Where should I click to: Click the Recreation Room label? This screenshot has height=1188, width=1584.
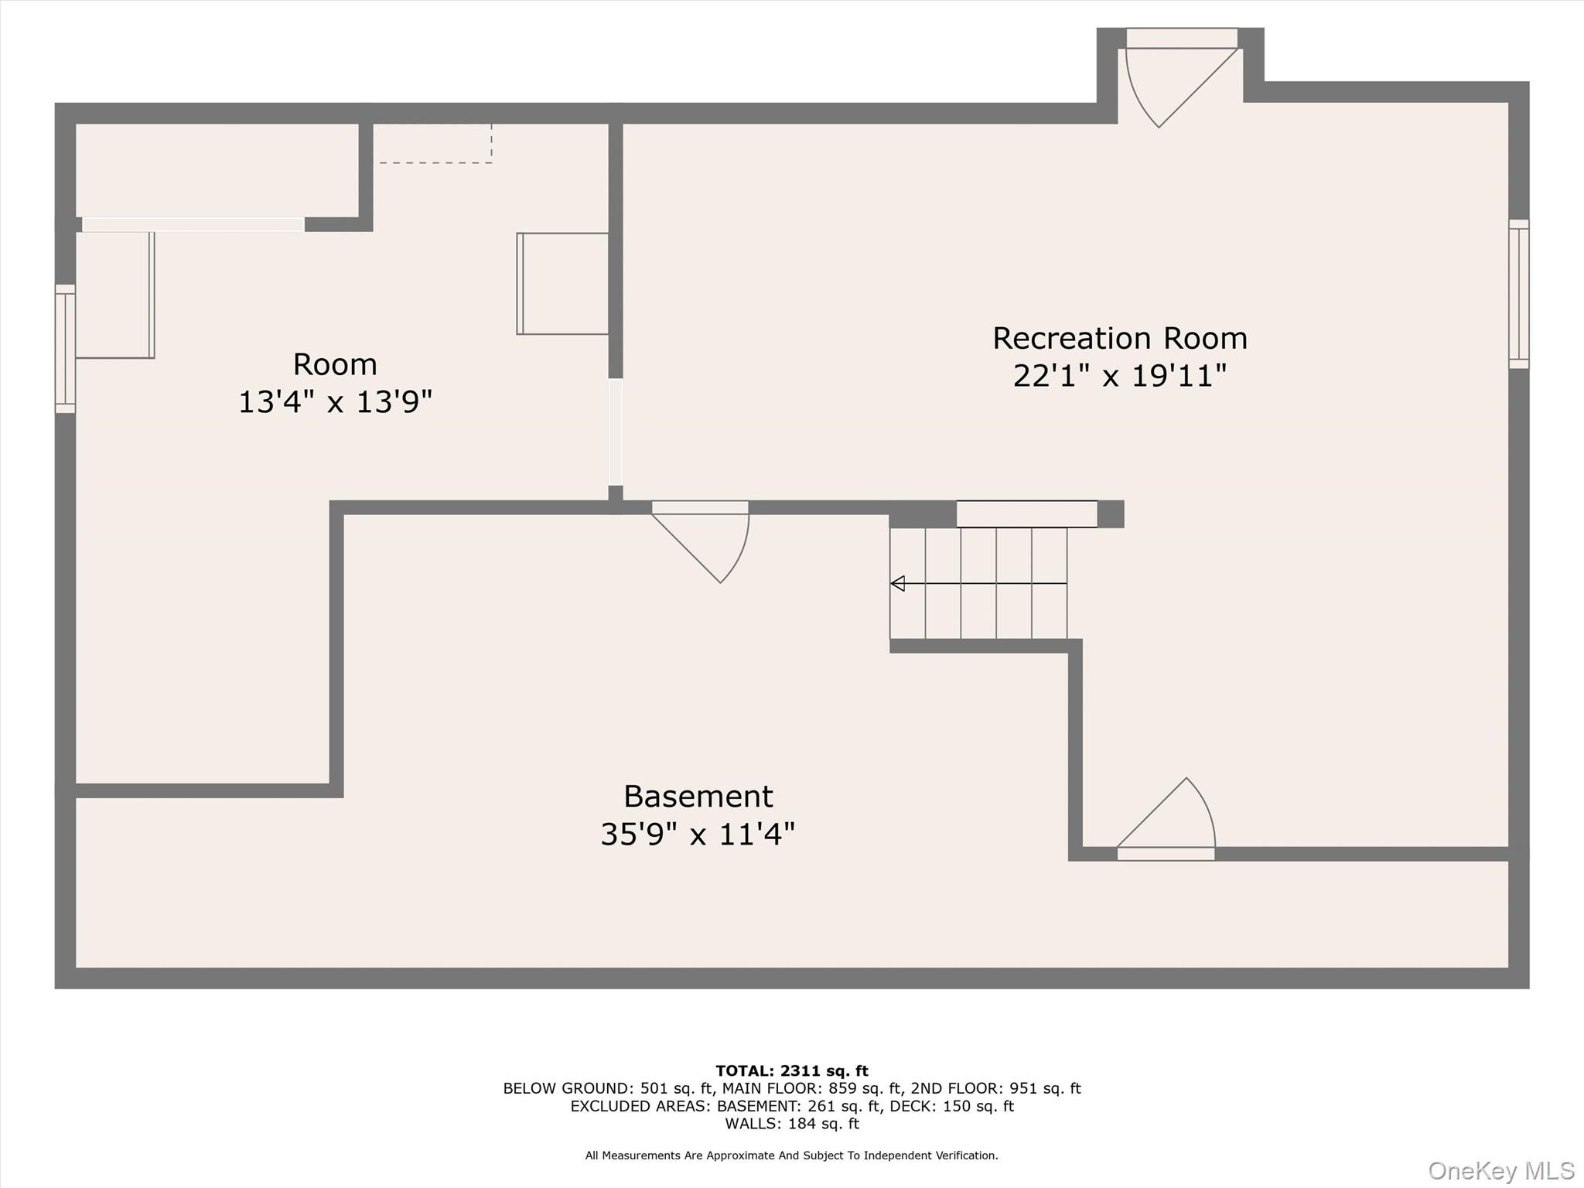click(1119, 339)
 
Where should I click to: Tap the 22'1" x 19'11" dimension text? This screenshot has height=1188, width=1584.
click(1119, 377)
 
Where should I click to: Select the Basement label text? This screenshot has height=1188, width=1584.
click(698, 797)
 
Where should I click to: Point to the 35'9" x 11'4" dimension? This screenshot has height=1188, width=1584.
click(698, 835)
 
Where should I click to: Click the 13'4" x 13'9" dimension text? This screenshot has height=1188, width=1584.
click(335, 402)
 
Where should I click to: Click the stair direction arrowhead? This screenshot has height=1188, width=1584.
click(898, 583)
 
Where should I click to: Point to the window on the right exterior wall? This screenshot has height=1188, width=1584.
click(1518, 294)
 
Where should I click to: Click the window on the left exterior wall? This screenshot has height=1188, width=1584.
click(65, 348)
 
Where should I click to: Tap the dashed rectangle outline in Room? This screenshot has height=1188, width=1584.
click(432, 144)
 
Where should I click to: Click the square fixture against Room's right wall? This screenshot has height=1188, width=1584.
click(563, 284)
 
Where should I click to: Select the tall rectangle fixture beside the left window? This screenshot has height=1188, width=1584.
click(114, 295)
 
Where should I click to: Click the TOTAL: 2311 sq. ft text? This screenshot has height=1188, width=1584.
click(791, 1071)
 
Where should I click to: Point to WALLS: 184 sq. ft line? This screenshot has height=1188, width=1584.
click(791, 1124)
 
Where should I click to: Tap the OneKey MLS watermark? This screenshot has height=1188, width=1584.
click(1500, 1171)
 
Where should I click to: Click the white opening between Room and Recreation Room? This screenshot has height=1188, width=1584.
click(616, 432)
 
